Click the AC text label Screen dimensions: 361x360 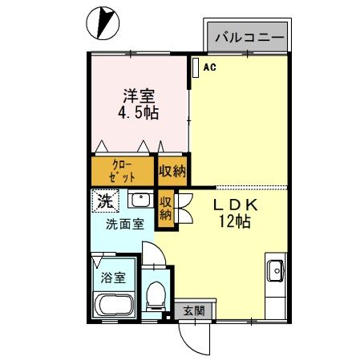[x=209, y=67]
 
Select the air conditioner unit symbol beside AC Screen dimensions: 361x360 [x=195, y=67]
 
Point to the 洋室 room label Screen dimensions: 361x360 [x=139, y=94]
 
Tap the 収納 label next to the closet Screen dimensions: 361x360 [x=172, y=171]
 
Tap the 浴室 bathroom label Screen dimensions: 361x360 [x=113, y=278]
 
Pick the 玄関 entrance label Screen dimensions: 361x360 [x=193, y=310]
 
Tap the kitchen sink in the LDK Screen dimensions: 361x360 [x=275, y=272]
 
